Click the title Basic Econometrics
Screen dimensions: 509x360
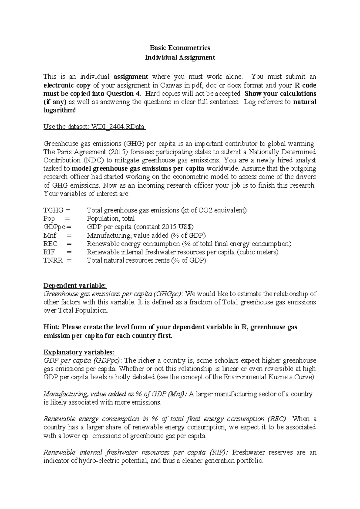coord(180,48)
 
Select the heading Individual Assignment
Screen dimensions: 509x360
coord(180,57)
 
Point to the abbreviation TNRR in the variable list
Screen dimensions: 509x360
coord(53,260)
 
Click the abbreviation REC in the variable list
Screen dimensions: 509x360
coord(50,244)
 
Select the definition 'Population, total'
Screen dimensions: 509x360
coord(111,218)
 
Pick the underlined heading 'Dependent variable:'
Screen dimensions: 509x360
coord(75,285)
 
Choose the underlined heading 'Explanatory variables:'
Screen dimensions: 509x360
coord(80,352)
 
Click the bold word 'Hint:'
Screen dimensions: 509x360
coord(52,327)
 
